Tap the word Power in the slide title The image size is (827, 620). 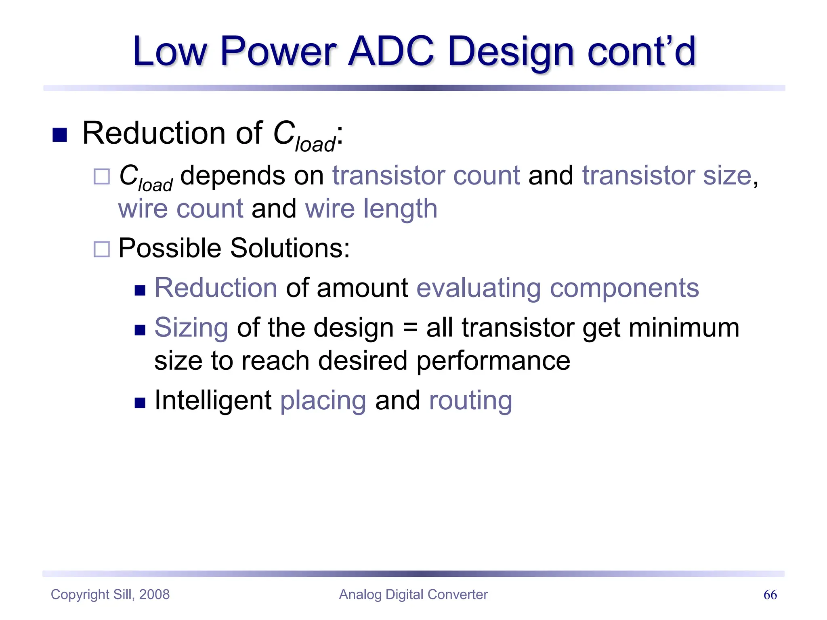[278, 51]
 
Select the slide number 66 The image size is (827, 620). [770, 595]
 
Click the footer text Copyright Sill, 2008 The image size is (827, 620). [110, 595]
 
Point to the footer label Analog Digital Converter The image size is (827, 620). [413, 595]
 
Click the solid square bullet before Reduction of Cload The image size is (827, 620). [60, 135]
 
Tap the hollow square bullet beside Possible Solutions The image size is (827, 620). [102, 249]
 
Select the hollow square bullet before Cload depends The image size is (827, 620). [102, 176]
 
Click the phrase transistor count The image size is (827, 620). [426, 176]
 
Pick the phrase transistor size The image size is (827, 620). [666, 176]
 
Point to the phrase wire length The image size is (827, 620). [371, 209]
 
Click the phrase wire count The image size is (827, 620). [181, 209]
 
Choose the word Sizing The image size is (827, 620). [191, 328]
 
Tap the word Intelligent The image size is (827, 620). [213, 400]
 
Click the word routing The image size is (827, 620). [470, 400]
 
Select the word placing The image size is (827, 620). [323, 400]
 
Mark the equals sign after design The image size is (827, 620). [410, 328]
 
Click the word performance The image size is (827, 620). [493, 360]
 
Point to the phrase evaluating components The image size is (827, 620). [558, 288]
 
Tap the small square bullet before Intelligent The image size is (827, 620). [140, 403]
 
